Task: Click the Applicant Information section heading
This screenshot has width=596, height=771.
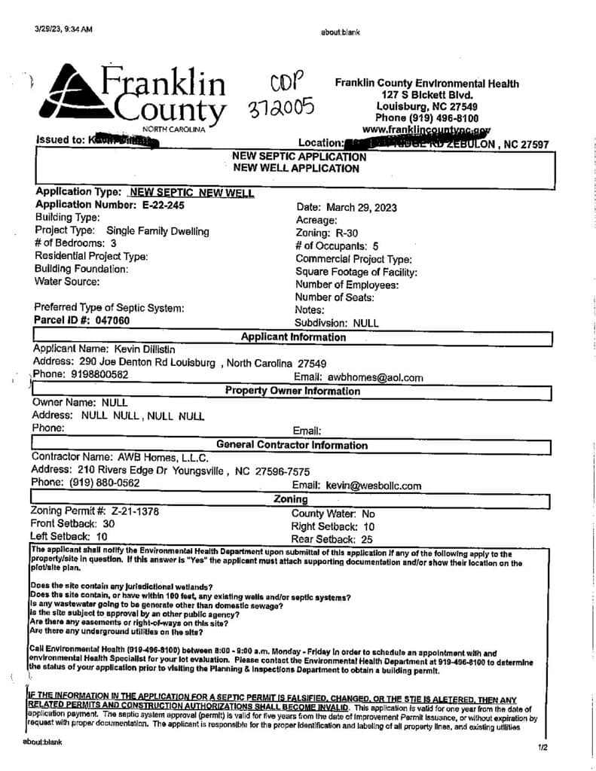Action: (294, 337)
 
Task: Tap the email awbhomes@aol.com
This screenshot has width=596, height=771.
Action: (375, 377)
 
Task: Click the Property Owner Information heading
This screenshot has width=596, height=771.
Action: (293, 391)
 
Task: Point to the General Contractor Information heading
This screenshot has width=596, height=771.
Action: (292, 445)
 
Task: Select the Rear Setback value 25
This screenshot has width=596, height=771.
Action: (367, 539)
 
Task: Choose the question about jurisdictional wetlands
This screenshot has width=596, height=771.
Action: (121, 587)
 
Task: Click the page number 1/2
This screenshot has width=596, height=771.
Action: (543, 748)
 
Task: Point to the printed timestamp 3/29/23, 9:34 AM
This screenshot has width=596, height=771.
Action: (63, 29)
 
